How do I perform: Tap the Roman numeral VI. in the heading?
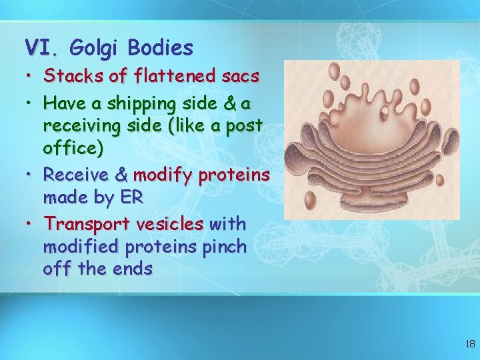pyautogui.click(x=43, y=47)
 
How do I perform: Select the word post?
pyautogui.click(x=245, y=126)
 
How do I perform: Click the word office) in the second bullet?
pyautogui.click(x=73, y=147)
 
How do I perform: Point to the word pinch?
pyautogui.click(x=224, y=247)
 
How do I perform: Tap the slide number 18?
pyautogui.click(x=469, y=344)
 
